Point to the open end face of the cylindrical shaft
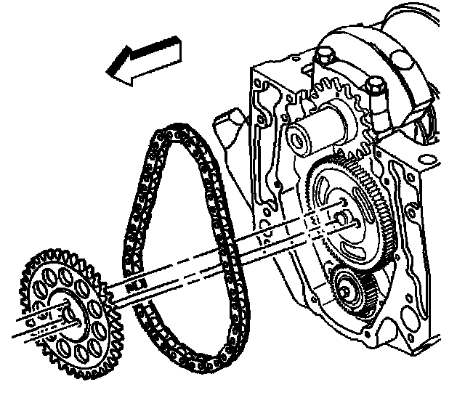[297, 136]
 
